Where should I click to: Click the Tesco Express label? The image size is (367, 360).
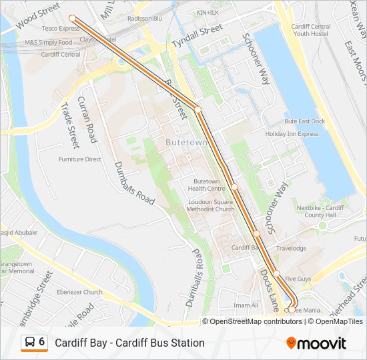(61, 29)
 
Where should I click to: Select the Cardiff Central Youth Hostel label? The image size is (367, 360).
(310, 30)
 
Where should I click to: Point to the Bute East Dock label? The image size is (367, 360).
(304, 121)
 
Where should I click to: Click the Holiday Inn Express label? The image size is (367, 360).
(292, 133)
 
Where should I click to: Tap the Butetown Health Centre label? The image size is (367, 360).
(206, 185)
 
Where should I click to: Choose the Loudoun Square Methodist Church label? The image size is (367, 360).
(211, 205)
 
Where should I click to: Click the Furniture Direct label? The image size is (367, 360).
(79, 159)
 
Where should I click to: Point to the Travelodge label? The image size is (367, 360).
(291, 249)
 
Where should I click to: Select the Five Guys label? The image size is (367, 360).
(298, 278)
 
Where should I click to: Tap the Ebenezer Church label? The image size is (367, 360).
(79, 292)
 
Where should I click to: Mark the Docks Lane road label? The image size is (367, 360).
(270, 290)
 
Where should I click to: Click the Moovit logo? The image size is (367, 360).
(316, 343)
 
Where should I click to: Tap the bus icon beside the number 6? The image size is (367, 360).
(30, 342)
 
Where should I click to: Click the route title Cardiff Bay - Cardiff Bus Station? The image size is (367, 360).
(129, 343)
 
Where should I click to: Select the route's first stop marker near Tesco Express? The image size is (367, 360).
(72, 19)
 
